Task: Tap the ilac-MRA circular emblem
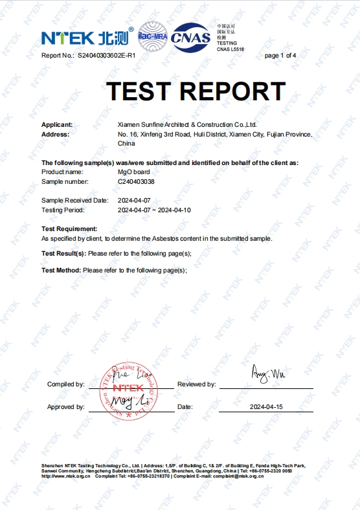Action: coord(153,36)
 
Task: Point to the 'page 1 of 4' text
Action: coord(280,56)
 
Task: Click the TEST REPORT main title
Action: coord(196,91)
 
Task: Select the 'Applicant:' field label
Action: coord(57,125)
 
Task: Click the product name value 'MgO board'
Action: coord(133,172)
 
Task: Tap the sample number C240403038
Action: coord(137,183)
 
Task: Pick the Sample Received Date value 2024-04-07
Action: coord(134,201)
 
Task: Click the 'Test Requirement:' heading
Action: coord(69,229)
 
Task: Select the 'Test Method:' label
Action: coord(61,270)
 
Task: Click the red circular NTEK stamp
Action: coord(128,392)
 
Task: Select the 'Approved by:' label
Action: coord(65,407)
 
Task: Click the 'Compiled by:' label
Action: coord(65,384)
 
